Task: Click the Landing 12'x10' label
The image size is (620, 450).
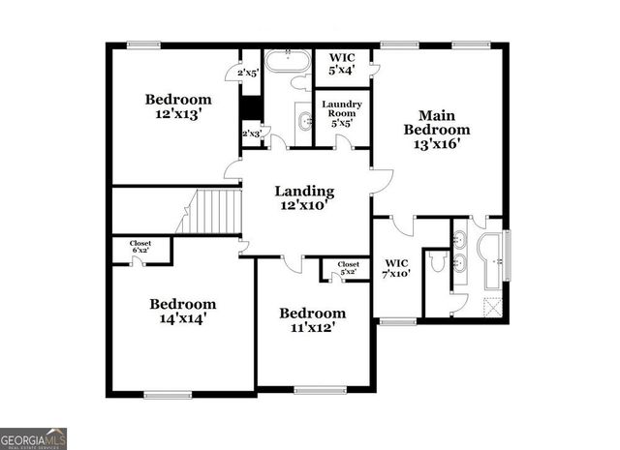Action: [x=304, y=198]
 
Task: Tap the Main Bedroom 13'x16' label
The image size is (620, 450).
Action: [x=437, y=130]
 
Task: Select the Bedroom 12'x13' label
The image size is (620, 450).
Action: [x=178, y=106]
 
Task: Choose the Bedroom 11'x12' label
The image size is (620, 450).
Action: [x=312, y=320]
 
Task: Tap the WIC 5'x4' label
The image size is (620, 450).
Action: [x=341, y=63]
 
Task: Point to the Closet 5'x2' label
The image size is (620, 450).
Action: [x=348, y=268]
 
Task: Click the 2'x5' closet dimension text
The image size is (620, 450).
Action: [x=248, y=73]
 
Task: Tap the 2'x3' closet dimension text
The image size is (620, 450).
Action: [x=251, y=134]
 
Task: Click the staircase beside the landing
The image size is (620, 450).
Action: [x=213, y=211]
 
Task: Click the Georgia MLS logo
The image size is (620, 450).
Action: [x=34, y=437]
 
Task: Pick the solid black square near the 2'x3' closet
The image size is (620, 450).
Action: [x=251, y=106]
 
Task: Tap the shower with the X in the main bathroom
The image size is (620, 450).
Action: [x=493, y=309]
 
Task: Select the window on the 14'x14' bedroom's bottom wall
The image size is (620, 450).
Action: [x=168, y=394]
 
